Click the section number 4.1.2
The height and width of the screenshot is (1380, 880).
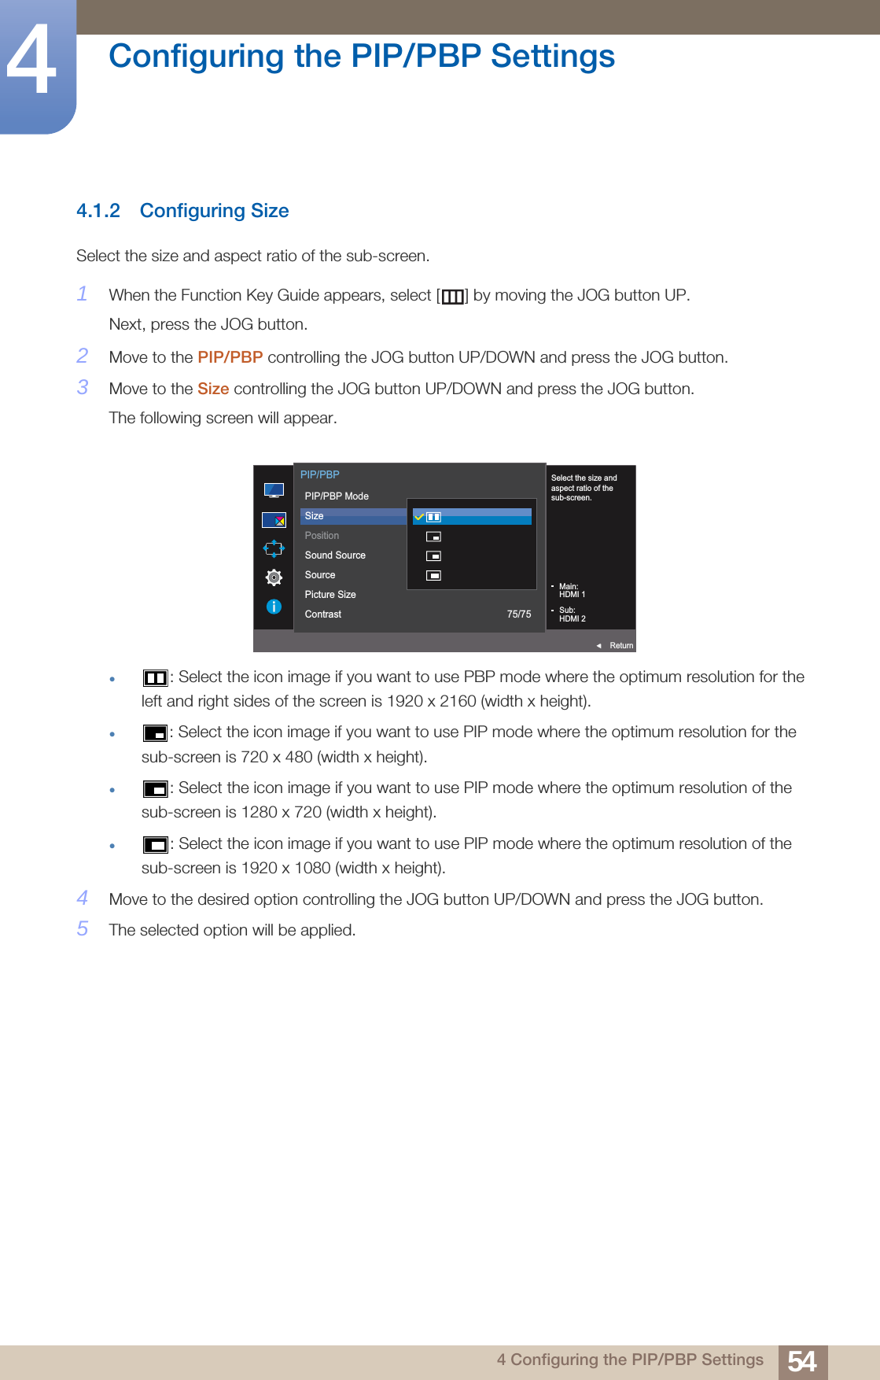point(98,211)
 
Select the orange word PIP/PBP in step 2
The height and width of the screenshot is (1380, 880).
point(230,357)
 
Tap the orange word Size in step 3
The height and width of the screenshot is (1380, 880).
point(213,389)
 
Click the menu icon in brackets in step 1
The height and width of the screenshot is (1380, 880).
point(452,296)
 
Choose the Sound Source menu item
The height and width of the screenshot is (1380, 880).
point(335,555)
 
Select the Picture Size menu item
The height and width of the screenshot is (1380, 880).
point(330,595)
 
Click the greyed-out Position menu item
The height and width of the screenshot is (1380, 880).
point(322,536)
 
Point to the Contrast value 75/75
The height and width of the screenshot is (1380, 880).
point(518,614)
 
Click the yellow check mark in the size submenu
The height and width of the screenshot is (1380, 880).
point(419,517)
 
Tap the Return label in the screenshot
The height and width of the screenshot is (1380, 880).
point(620,645)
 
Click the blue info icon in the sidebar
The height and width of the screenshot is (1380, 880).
point(274,607)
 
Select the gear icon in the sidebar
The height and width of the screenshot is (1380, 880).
point(274,577)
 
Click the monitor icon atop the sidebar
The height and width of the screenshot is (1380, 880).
point(274,490)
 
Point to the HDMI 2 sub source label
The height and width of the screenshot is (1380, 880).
point(572,619)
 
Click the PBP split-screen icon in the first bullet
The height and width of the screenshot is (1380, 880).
point(155,678)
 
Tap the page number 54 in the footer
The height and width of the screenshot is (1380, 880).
point(802,1361)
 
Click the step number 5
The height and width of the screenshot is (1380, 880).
point(83,929)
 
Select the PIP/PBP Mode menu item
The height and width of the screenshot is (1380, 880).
point(337,496)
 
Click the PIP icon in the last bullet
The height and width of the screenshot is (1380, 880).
point(155,845)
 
